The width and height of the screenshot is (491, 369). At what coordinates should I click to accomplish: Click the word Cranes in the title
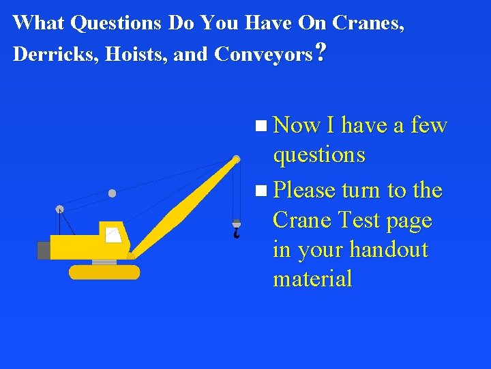(368, 23)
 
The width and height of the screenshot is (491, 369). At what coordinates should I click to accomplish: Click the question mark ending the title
(321, 53)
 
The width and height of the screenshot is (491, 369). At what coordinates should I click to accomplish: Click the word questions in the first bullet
(319, 156)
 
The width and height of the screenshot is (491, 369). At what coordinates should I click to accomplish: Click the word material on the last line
(312, 279)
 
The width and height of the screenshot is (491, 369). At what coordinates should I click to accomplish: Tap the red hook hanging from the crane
(236, 232)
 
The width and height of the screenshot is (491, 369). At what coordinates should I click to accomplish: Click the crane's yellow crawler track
(104, 272)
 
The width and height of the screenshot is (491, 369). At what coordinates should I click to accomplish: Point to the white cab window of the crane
(113, 235)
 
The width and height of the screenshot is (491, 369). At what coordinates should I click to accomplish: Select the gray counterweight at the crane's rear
(44, 250)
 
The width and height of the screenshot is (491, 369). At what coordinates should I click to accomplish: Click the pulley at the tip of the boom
(236, 159)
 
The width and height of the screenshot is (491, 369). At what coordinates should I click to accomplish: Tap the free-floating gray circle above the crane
(112, 193)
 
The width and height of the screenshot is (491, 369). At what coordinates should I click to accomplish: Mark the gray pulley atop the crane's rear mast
(60, 208)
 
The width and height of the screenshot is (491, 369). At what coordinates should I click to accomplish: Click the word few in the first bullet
(429, 126)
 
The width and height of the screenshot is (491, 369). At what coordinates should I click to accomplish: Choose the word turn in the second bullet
(361, 190)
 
